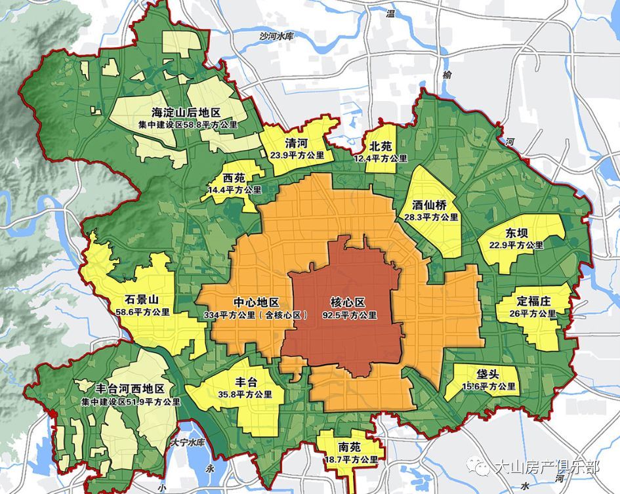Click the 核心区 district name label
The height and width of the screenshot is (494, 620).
tap(348, 302)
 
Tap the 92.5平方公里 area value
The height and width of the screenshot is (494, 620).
tap(349, 315)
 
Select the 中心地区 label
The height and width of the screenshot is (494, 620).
tap(257, 302)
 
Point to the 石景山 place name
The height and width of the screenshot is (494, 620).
tap(135, 300)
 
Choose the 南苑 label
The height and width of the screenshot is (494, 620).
tap(349, 447)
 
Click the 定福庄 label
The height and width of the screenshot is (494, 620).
tap(533, 302)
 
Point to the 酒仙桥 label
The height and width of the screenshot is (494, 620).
tap(430, 204)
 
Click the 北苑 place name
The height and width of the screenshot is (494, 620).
tap(380, 146)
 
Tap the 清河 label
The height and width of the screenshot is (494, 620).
tap(297, 143)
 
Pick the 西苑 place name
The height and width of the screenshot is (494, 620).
tap(234, 178)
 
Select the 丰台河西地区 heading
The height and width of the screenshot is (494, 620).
tap(129, 389)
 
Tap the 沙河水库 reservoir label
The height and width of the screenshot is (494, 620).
tap(276, 36)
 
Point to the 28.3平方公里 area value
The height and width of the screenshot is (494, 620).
tap(431, 216)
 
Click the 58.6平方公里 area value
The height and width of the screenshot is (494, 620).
tap(142, 312)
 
